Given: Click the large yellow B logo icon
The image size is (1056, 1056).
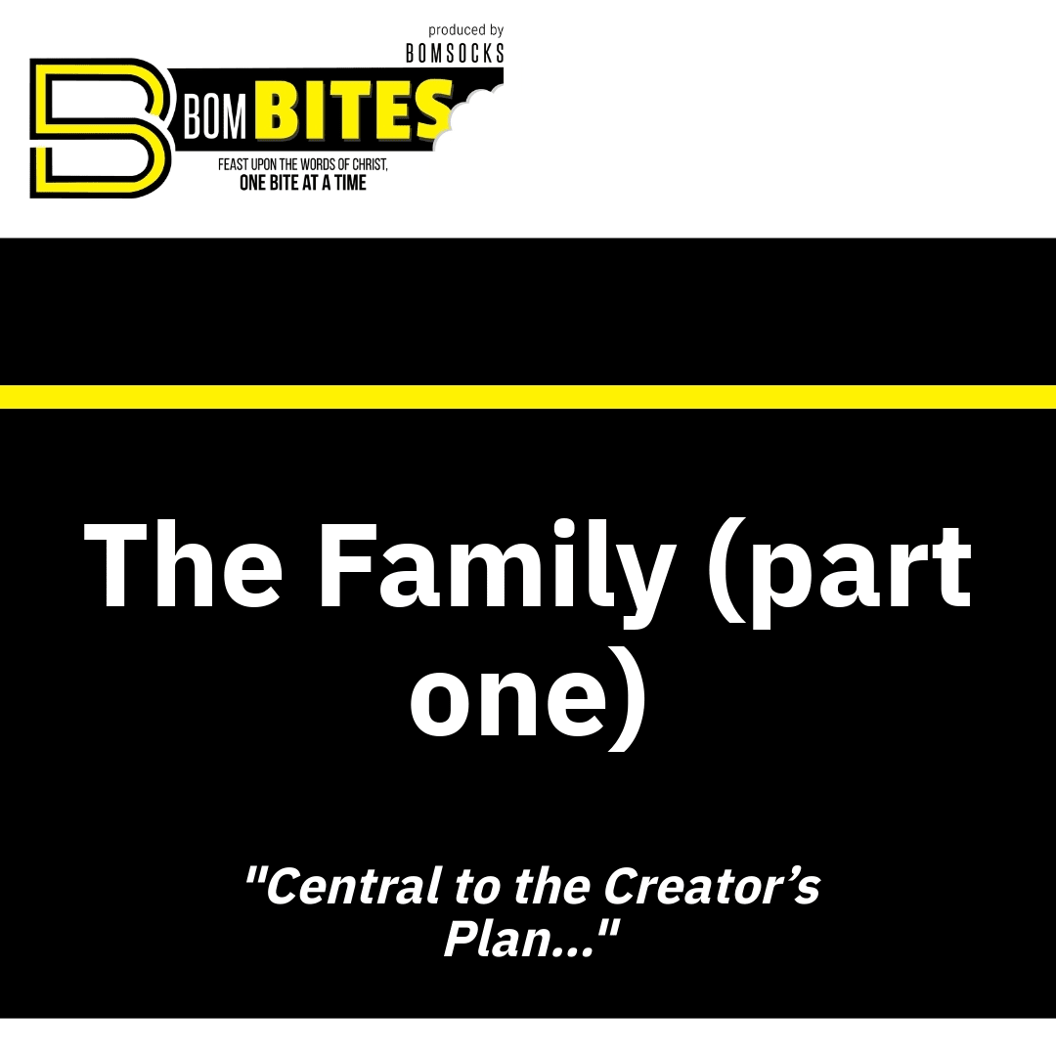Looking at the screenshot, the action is tap(100, 128).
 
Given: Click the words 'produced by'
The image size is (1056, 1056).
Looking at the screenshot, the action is tap(466, 30).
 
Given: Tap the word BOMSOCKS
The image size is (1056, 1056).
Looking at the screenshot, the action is tap(455, 53).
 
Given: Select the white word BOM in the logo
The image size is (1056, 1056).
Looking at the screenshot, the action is tap(215, 119).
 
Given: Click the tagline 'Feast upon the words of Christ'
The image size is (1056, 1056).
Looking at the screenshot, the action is tap(302, 164).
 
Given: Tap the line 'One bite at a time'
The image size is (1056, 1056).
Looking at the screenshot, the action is tap(303, 183).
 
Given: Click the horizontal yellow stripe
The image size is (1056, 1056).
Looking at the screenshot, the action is tap(528, 397).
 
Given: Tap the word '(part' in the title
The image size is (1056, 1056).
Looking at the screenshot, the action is tap(840, 572).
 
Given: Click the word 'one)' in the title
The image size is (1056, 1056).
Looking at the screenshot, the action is tap(529, 697).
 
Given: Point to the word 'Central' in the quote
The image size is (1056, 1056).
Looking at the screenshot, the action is tap(343, 886).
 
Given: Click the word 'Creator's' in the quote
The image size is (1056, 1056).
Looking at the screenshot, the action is tap(711, 886).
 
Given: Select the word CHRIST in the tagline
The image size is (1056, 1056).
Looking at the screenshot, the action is tap(370, 165).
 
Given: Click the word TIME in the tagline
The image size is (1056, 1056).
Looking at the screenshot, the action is tap(350, 183).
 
